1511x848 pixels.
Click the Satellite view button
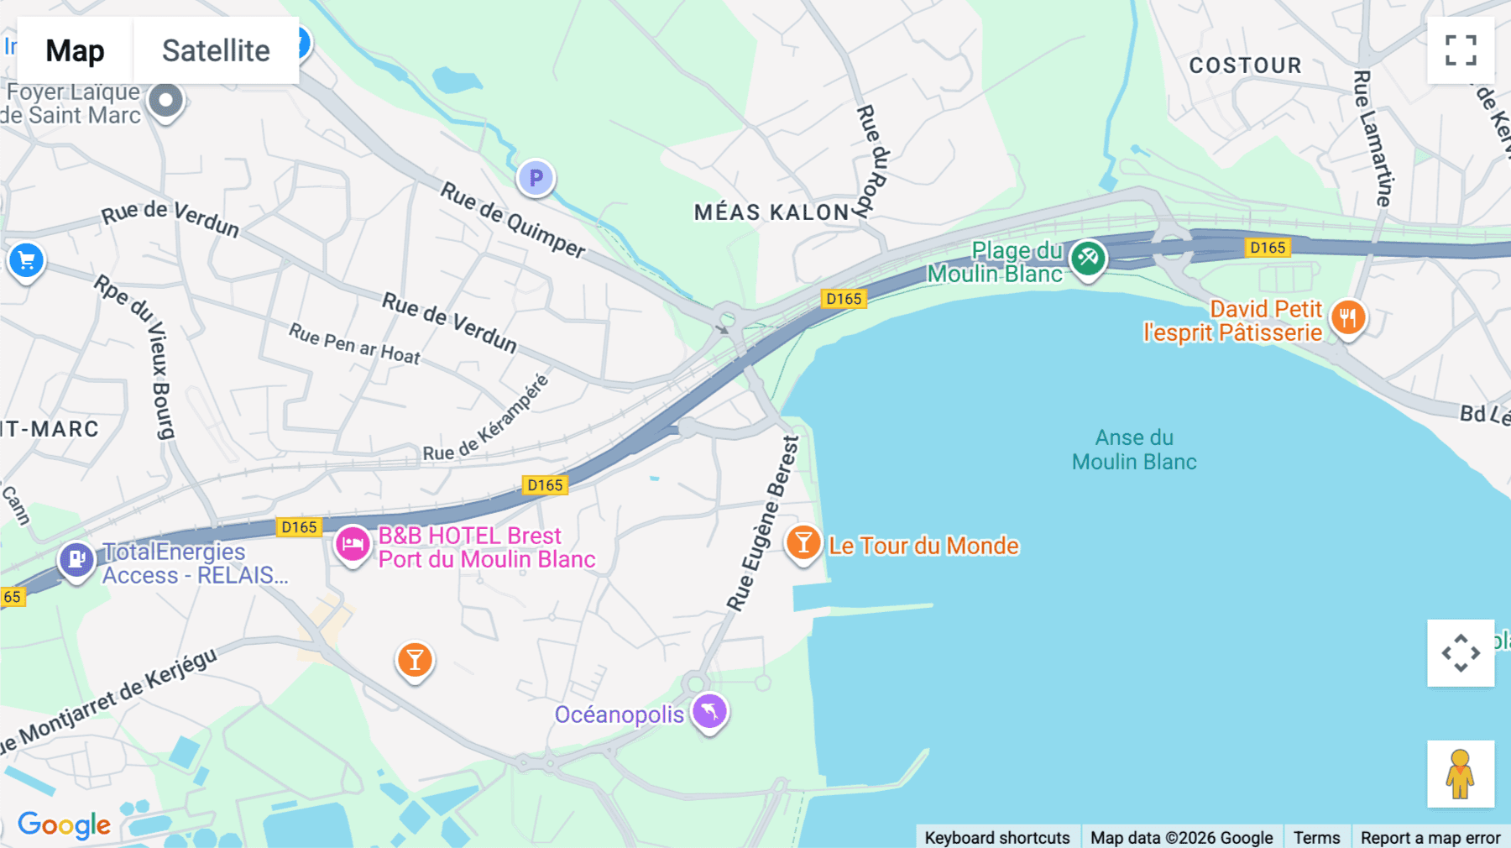pyautogui.click(x=216, y=50)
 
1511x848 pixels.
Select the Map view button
pyautogui.click(x=75, y=50)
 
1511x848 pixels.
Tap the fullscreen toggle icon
pyautogui.click(x=1461, y=50)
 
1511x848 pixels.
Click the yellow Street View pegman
pyautogui.click(x=1461, y=773)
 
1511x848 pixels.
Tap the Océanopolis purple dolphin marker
pyautogui.click(x=709, y=712)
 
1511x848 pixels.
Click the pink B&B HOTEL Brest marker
pyautogui.click(x=353, y=544)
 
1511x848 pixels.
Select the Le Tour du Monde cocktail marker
pyautogui.click(x=803, y=542)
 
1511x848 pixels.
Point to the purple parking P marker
pyautogui.click(x=536, y=178)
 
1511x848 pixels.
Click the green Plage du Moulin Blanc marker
pyautogui.click(x=1088, y=258)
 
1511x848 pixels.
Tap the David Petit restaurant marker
pyautogui.click(x=1348, y=317)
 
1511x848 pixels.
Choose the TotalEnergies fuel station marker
pyautogui.click(x=76, y=558)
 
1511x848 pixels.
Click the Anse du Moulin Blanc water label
pyautogui.click(x=1134, y=450)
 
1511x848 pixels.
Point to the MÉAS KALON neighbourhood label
pyautogui.click(x=771, y=212)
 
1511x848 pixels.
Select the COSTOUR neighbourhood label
pyautogui.click(x=1245, y=65)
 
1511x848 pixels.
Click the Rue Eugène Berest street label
pyautogui.click(x=763, y=523)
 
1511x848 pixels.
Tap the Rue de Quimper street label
pyautogui.click(x=513, y=220)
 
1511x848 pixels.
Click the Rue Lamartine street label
pyautogui.click(x=1373, y=139)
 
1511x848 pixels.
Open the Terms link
pyautogui.click(x=1316, y=837)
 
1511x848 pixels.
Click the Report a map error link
pyautogui.click(x=1430, y=837)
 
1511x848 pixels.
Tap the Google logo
pyautogui.click(x=64, y=824)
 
